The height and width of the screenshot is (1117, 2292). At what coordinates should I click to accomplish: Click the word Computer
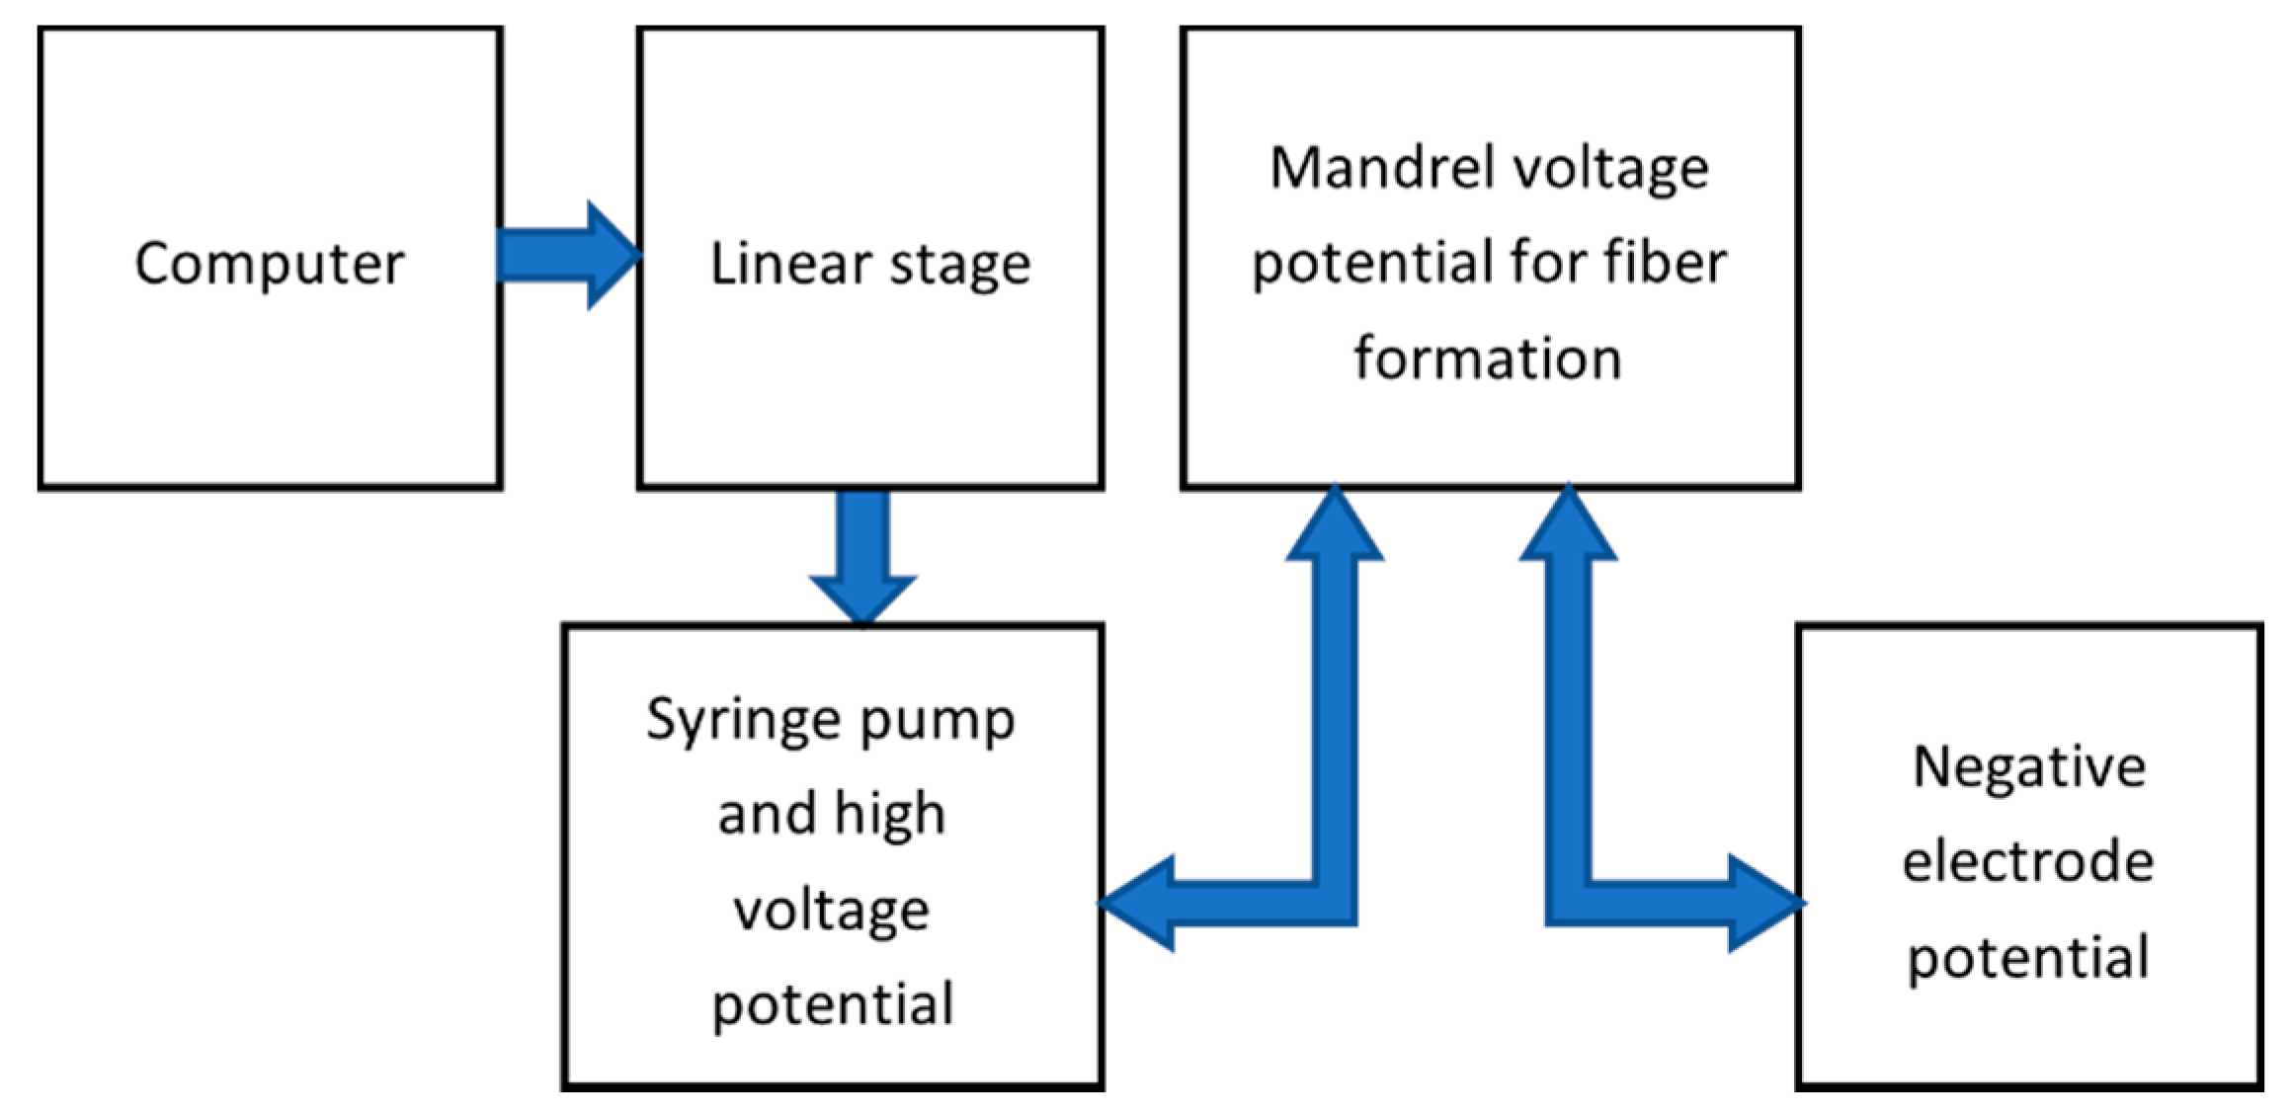pos(269,265)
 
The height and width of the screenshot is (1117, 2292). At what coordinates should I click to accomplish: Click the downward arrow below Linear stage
pos(862,558)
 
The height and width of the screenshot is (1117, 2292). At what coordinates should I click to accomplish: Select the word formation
pos(1487,358)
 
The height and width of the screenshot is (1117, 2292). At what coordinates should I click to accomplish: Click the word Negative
pos(2028,766)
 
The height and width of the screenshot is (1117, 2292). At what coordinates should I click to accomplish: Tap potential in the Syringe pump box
pos(832,1005)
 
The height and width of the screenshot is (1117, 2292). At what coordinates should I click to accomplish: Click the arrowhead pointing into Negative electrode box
pos(1763,903)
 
